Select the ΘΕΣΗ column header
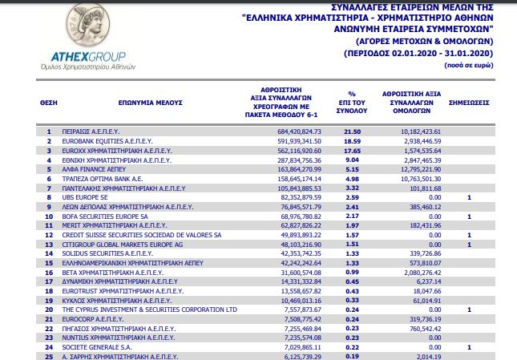[x=49, y=103]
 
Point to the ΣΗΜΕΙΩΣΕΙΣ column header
[x=470, y=103]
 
